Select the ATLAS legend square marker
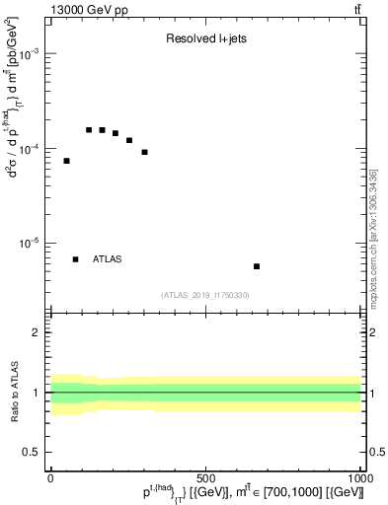[x=75, y=259]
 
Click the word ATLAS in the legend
[x=108, y=259]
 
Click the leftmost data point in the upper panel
[x=66, y=161]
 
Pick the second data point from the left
[x=89, y=129]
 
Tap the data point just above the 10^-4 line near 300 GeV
[x=144, y=152]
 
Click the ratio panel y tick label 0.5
[x=34, y=452]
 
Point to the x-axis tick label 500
[x=205, y=477]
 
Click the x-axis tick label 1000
[x=357, y=477]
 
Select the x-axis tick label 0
[x=50, y=477]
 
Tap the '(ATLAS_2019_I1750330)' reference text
[x=204, y=295]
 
